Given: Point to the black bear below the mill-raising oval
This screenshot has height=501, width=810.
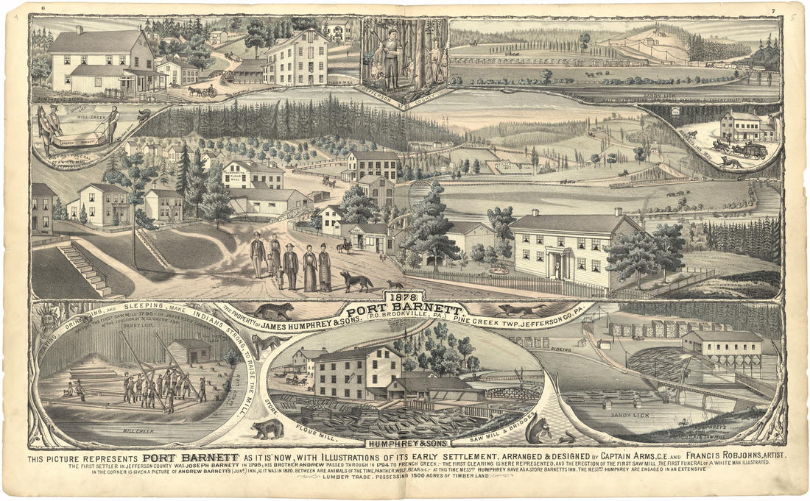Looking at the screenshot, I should pyautogui.click(x=266, y=430).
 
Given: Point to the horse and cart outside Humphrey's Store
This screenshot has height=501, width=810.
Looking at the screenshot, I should pyautogui.click(x=201, y=91).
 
